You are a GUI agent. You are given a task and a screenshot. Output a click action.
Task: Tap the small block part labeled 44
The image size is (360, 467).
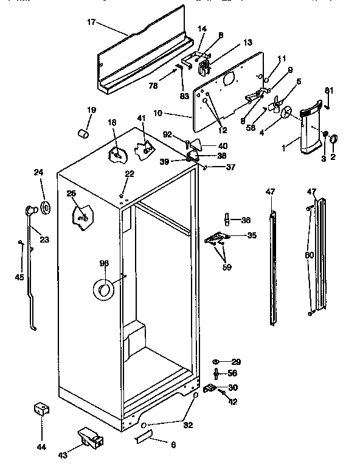(x=41, y=409)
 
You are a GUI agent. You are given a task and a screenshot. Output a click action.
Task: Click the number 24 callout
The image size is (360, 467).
(x=38, y=172)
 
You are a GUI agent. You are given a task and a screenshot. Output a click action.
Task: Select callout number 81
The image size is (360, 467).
(x=330, y=91)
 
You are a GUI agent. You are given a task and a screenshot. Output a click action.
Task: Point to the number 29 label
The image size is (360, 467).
(x=235, y=362)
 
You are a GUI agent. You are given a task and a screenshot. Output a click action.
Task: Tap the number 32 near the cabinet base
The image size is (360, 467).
(x=188, y=425)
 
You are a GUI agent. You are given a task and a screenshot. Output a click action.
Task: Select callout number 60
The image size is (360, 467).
(x=310, y=255)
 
